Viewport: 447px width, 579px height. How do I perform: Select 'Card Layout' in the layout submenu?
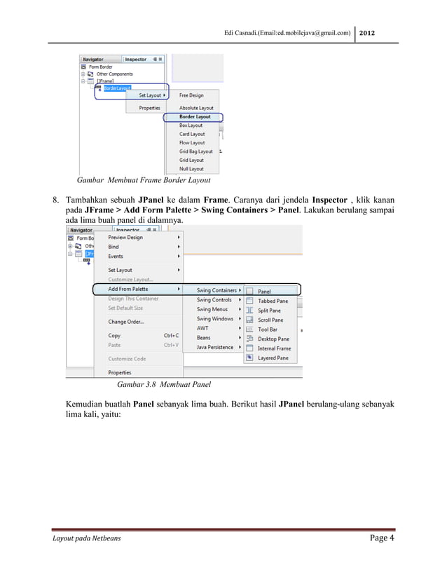[192, 134]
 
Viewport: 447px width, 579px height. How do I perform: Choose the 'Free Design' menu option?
[192, 95]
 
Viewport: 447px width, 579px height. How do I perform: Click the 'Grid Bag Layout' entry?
[195, 151]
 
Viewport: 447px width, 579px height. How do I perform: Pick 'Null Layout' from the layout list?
[191, 169]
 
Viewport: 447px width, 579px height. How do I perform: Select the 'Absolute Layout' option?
[196, 108]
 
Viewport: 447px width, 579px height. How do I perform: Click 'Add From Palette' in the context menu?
[128, 289]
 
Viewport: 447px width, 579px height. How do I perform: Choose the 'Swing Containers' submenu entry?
[216, 290]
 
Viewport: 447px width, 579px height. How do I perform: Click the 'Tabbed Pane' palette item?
[272, 301]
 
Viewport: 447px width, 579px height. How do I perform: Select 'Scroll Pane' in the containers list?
[270, 320]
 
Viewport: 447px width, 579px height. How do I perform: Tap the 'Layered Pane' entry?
[273, 357]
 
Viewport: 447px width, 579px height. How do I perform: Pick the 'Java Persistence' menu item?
[215, 347]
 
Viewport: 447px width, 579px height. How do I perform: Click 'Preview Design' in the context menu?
[125, 237]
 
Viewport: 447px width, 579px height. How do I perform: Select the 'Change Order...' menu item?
[126, 322]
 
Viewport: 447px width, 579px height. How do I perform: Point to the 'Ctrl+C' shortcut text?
[171, 336]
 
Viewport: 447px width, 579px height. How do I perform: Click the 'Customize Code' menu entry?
[127, 359]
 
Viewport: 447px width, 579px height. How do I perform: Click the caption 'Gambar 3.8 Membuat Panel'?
[164, 385]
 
